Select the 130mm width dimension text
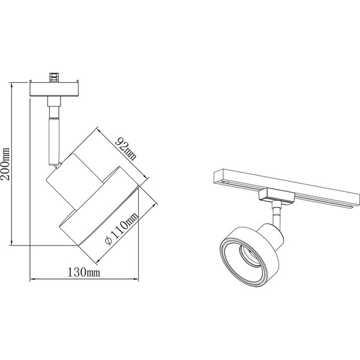85,274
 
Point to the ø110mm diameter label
122,226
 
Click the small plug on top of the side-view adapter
55,77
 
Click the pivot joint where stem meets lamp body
56,163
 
